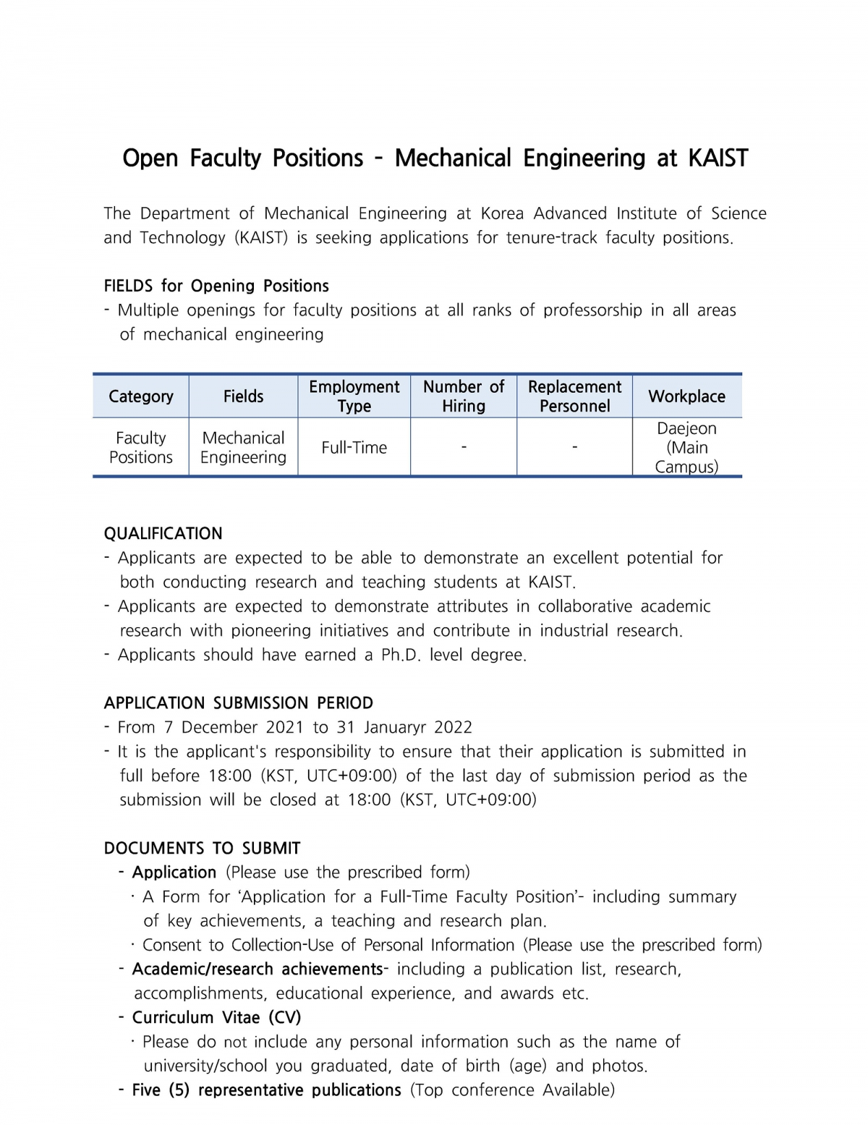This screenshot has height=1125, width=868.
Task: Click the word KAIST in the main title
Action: point(718,158)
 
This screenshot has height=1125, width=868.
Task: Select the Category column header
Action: point(141,396)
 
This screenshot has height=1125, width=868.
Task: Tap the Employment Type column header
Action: point(354,396)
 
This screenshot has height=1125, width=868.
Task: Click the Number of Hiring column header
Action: point(464,396)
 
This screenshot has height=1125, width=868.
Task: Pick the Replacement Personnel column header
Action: point(574,396)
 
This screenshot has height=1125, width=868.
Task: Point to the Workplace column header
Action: point(686,396)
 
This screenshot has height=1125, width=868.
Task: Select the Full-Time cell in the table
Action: point(354,448)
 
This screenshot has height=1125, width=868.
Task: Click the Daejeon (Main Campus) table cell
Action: point(686,448)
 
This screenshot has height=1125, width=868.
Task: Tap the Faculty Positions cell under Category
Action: point(141,448)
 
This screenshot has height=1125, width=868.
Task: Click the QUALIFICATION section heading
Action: point(163,534)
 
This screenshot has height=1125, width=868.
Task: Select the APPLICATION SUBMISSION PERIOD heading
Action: point(239,703)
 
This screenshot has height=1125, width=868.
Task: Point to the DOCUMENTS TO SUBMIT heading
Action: point(202,848)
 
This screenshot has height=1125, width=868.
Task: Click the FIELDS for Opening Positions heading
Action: point(216,286)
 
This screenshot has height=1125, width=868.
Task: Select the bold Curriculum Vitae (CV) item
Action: point(216,1017)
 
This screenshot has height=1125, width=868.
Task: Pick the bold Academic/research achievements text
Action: point(258,969)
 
